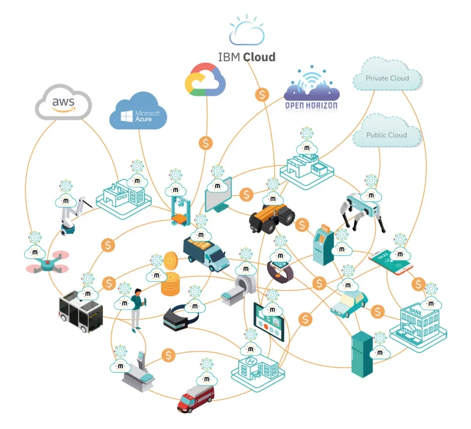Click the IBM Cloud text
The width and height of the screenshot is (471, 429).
(247, 57)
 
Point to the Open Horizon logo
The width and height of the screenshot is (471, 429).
(311, 92)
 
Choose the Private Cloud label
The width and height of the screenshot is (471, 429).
(387, 78)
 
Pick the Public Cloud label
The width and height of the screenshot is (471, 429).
(386, 135)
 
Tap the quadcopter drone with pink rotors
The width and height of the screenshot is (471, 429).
(46, 263)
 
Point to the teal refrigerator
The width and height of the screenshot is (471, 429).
(361, 354)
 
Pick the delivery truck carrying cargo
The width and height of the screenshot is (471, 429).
(206, 253)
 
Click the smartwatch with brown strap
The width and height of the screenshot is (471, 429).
(280, 269)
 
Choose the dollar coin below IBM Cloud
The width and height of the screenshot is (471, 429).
(262, 95)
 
